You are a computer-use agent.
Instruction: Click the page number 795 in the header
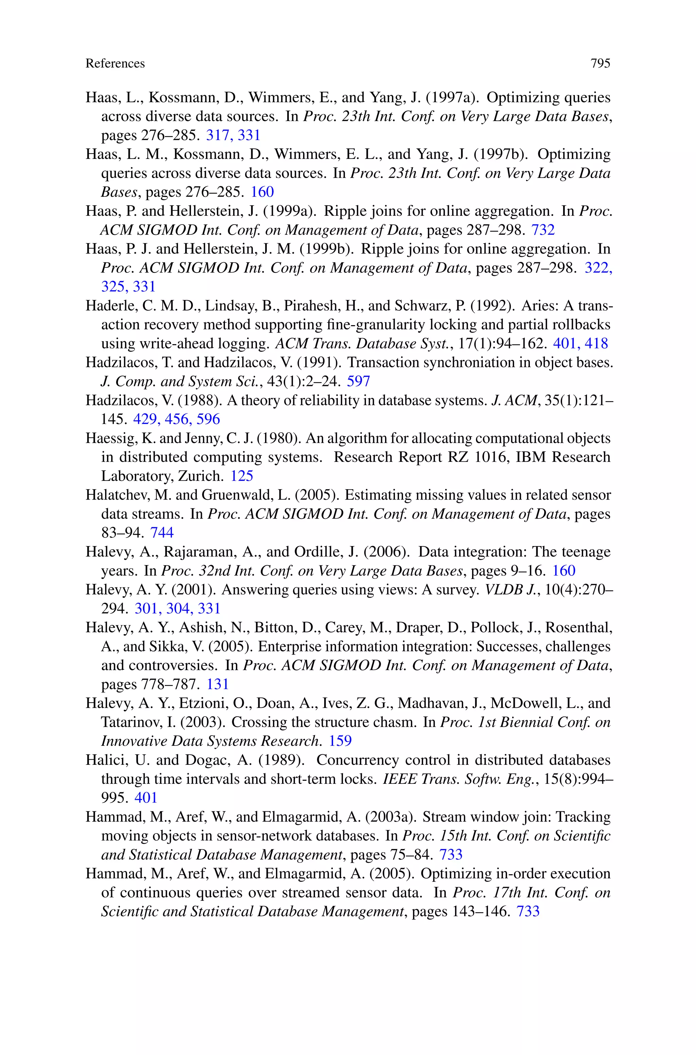click(x=600, y=64)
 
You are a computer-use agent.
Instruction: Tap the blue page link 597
click(x=358, y=381)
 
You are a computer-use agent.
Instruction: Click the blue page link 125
click(x=242, y=476)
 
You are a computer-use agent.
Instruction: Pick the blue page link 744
click(x=162, y=532)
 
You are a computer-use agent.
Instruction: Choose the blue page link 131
click(x=217, y=684)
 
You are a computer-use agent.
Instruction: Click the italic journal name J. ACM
click(x=515, y=400)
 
